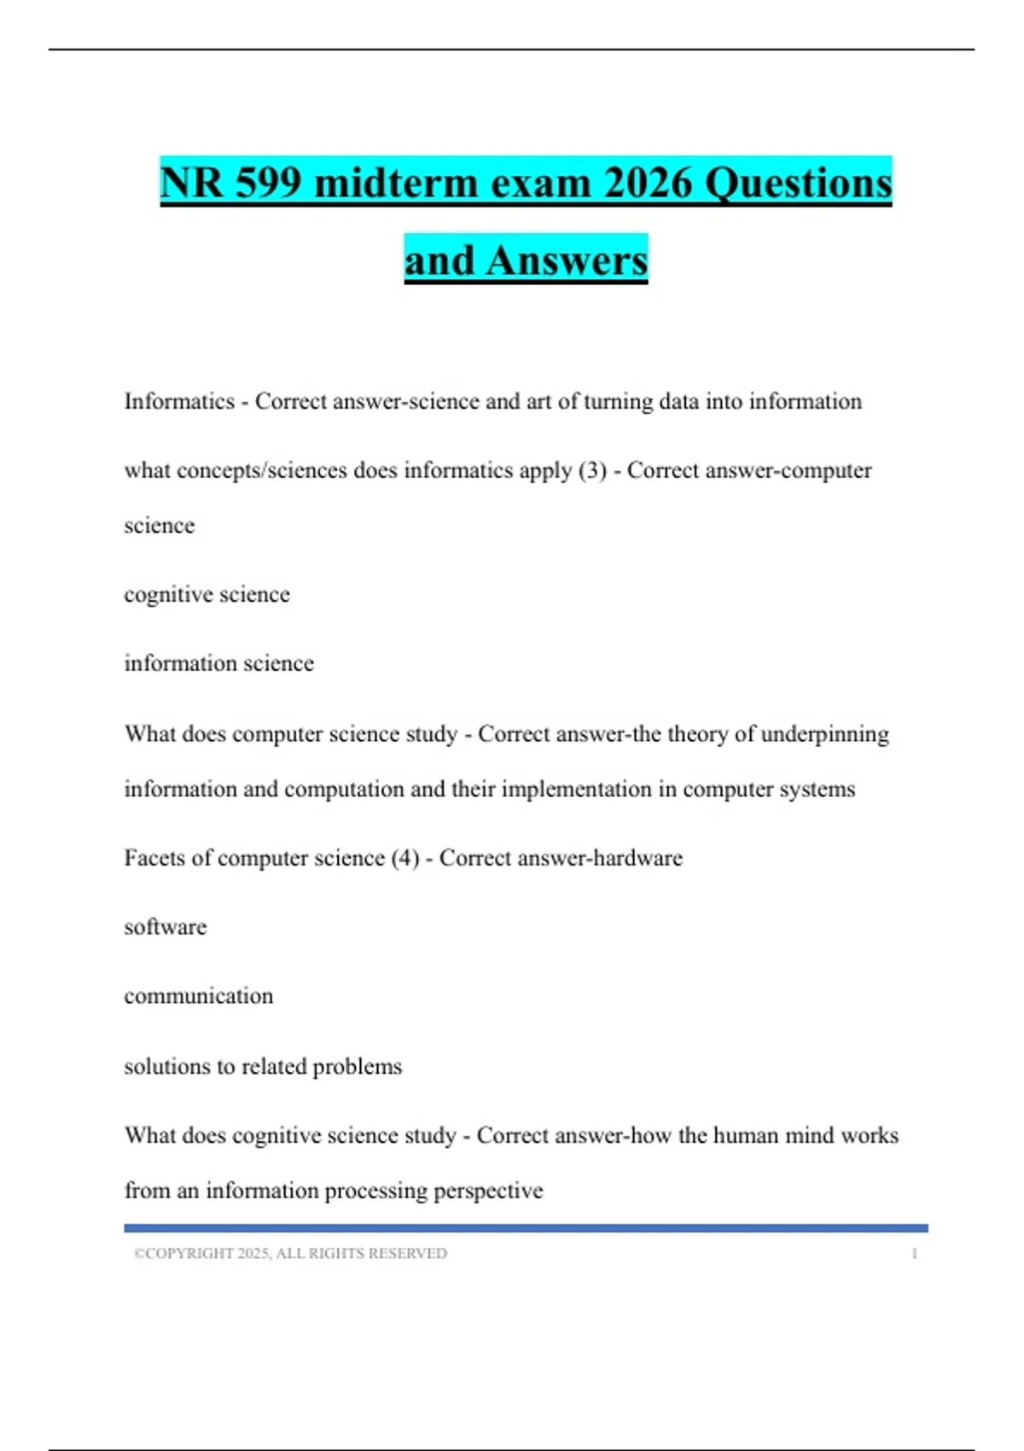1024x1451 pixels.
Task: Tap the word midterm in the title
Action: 395,183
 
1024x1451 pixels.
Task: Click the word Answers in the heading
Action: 567,260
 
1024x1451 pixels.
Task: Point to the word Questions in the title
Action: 798,183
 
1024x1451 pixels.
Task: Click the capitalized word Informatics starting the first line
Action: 179,401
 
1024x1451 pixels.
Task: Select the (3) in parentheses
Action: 592,470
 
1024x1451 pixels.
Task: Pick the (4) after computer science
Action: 405,858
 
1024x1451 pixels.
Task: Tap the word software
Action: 166,927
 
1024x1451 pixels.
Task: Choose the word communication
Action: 199,996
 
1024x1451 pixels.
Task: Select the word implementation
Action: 577,790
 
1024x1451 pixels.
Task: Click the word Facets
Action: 154,858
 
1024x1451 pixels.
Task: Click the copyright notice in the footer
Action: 290,1253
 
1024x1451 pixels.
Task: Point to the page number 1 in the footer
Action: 914,1253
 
